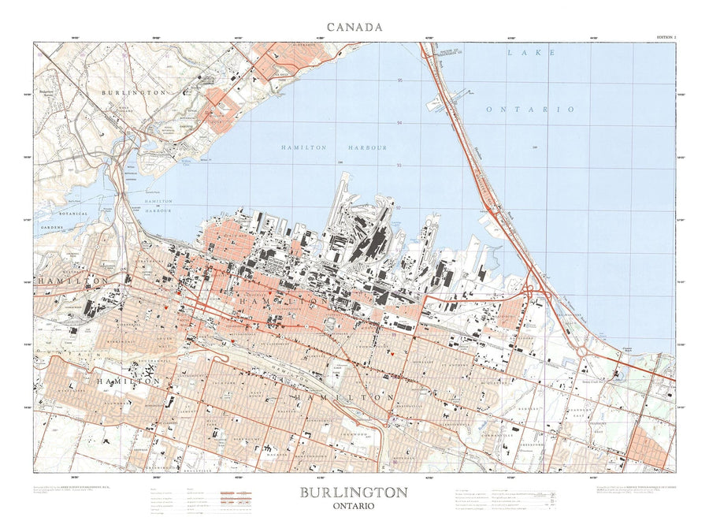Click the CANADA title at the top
(x=354, y=27)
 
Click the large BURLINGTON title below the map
(x=354, y=493)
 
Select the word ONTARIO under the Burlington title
(x=354, y=506)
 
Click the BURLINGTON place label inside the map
(x=134, y=92)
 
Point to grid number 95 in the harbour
(x=400, y=81)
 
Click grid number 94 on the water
(x=400, y=123)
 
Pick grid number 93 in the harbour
(x=400, y=166)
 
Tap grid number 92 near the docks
(x=399, y=207)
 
